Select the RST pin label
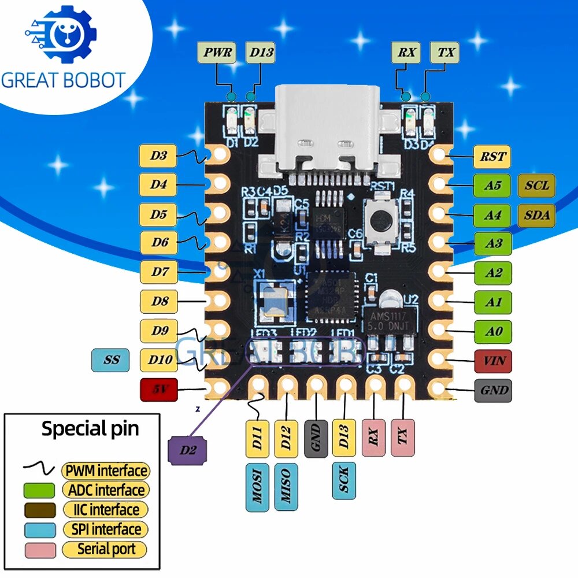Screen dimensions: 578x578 click(492, 155)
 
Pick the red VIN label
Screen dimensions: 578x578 click(492, 362)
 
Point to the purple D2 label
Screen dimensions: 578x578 click(187, 450)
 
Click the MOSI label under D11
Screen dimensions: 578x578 click(257, 487)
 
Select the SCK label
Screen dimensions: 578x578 click(344, 480)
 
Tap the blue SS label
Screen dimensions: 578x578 click(111, 360)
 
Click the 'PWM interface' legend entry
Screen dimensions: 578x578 click(105, 470)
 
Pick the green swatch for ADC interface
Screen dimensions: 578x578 click(39, 490)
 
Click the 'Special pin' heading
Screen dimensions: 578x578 click(90, 429)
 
